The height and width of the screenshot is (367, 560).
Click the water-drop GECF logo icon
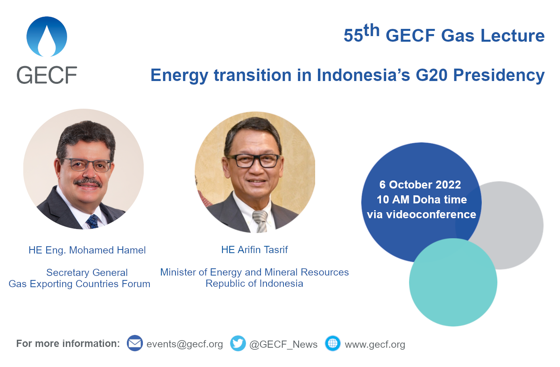click(x=47, y=37)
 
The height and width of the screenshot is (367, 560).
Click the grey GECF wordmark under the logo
click(x=47, y=75)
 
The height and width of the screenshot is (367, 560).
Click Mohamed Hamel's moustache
click(x=88, y=182)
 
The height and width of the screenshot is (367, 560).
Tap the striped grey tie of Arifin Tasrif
click(x=260, y=221)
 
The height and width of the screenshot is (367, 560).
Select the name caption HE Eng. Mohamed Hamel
click(x=87, y=250)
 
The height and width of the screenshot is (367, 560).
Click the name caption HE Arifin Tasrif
click(x=255, y=250)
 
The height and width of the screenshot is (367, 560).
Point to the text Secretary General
click(x=87, y=273)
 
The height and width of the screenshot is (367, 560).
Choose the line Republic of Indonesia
click(x=255, y=284)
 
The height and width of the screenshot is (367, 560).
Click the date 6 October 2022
click(x=420, y=185)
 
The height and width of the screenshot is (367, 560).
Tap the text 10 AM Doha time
click(x=422, y=200)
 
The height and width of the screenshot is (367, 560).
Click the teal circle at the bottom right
click(x=453, y=289)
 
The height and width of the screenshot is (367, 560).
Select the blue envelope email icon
click(x=135, y=343)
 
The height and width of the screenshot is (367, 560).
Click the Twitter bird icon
click(x=238, y=343)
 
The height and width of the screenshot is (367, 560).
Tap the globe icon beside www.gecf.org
click(x=333, y=343)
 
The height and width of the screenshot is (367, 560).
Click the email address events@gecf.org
click(x=185, y=345)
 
